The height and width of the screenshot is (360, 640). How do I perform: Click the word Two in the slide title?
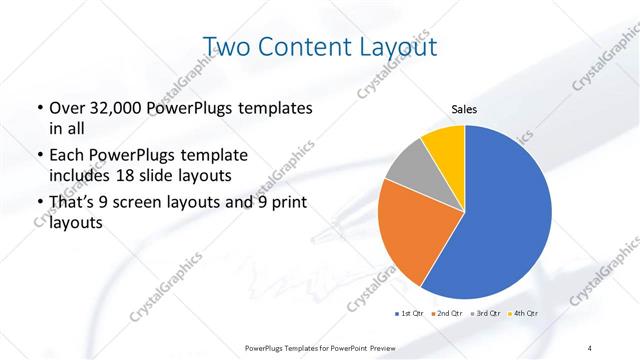coord(225,46)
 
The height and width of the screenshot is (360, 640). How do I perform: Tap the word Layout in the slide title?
coord(394,46)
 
